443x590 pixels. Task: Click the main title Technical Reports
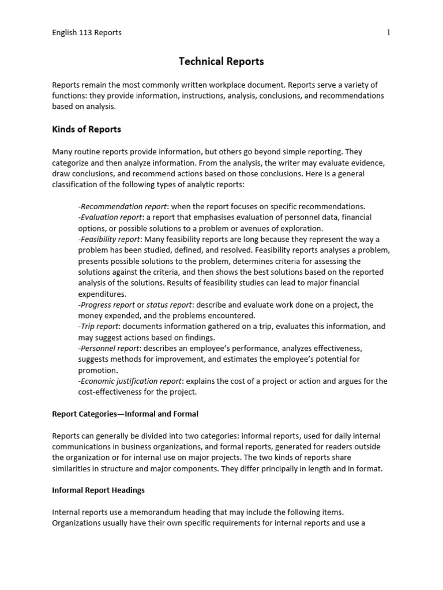tap(221, 61)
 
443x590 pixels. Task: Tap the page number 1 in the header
tap(388, 32)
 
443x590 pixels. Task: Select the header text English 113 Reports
tap(87, 32)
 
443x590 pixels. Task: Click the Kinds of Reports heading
tap(87, 129)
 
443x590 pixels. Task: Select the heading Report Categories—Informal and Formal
tap(125, 414)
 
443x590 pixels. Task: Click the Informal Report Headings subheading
tap(98, 490)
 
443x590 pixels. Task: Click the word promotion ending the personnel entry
tap(98, 370)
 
